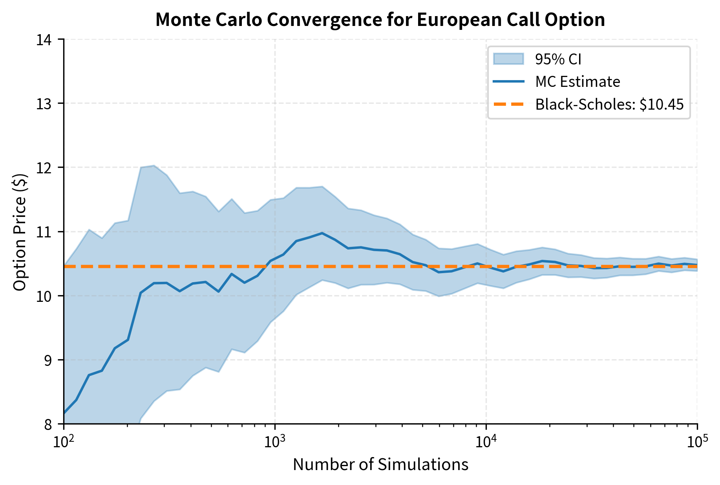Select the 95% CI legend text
click(558, 59)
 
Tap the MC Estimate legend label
click(577, 82)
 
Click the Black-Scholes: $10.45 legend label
click(609, 105)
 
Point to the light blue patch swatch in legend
click(508, 59)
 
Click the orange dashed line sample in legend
click(508, 104)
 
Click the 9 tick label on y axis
click(49, 360)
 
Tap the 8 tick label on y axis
click(49, 424)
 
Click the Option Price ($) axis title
click(20, 232)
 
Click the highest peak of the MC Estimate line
click(322, 233)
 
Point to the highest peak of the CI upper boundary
click(154, 165)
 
